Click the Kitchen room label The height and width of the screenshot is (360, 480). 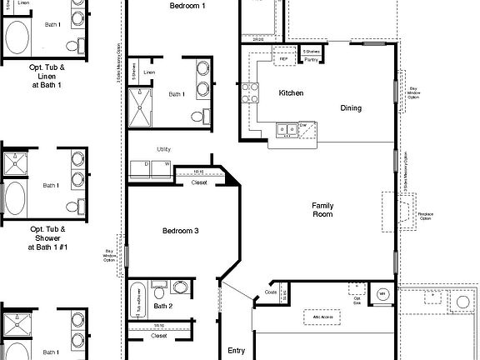291,92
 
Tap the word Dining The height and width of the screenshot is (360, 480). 351,107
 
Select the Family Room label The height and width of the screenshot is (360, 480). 322,210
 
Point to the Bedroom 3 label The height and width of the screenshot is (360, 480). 180,231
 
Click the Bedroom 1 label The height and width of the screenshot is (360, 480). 187,5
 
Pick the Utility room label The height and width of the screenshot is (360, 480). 163,149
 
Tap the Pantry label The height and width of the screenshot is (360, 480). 310,60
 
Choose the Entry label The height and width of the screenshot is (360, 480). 237,351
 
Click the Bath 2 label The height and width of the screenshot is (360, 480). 164,307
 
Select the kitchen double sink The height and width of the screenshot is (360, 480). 287,129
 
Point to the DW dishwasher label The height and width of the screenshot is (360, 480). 303,126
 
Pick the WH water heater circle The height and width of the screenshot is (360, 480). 382,294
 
